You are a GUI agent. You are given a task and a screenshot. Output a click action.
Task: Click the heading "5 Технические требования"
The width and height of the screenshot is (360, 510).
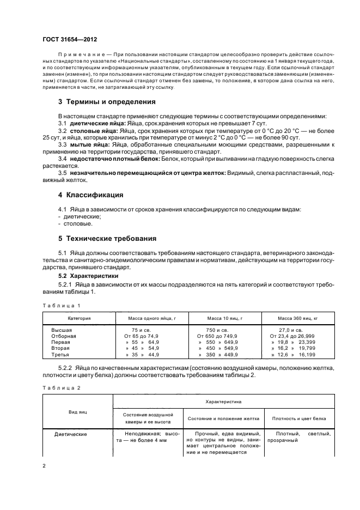[x=108, y=238]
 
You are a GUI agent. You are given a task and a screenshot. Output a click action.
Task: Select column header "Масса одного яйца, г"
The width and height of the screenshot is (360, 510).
[x=149, y=318]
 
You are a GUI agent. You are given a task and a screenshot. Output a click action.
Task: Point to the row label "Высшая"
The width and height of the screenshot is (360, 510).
[x=62, y=330]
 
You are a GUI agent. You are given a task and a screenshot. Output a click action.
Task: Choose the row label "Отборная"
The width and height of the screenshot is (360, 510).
[x=64, y=336]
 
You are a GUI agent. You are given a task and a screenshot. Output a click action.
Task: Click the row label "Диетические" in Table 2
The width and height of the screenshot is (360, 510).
[x=71, y=434]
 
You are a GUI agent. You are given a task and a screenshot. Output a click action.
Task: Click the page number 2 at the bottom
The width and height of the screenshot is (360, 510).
[x=44, y=466]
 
